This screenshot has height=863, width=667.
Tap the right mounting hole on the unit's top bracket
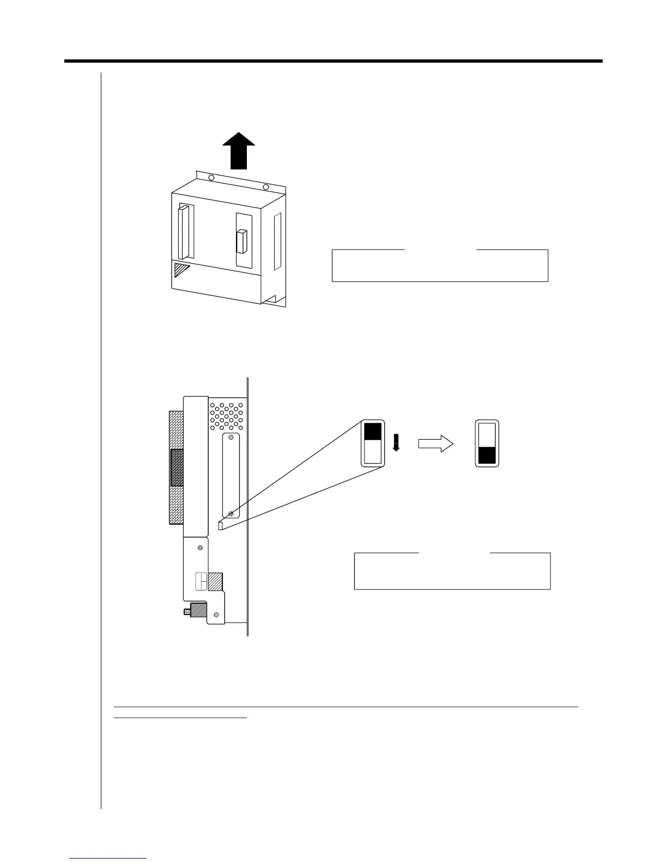click(266, 187)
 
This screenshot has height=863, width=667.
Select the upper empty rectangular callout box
click(440, 265)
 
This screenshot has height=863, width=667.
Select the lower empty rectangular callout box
click(452, 571)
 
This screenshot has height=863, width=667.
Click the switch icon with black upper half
click(373, 443)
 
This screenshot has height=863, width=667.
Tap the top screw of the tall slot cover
click(232, 438)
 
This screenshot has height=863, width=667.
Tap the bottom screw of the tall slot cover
click(232, 513)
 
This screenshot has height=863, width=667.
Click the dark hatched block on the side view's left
click(177, 467)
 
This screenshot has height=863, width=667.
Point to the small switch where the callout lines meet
click(221, 525)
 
